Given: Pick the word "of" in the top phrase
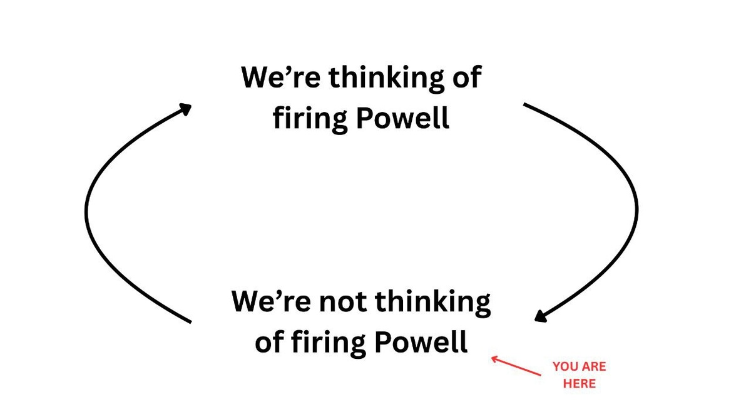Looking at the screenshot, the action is click(466, 78).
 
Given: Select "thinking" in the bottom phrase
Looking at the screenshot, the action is click(433, 303).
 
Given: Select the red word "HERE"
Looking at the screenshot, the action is click(580, 383).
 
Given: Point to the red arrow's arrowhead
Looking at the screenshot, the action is click(493, 358).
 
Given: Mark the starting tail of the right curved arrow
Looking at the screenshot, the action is click(524, 105).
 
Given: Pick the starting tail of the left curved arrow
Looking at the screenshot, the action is click(190, 322).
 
